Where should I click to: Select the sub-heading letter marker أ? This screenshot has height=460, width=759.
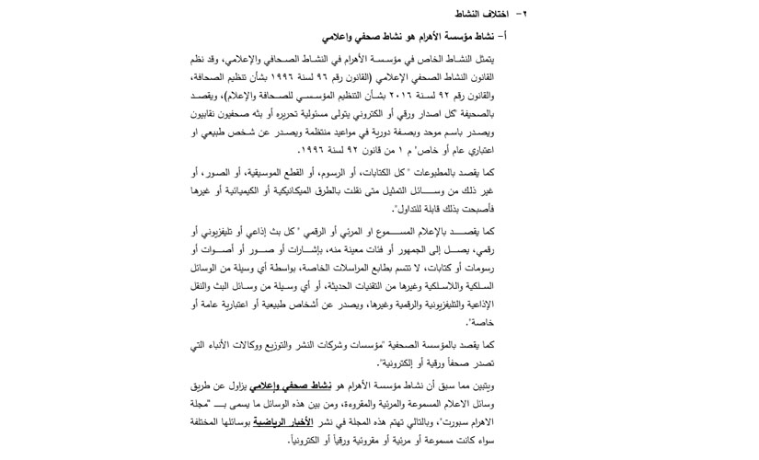513,37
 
